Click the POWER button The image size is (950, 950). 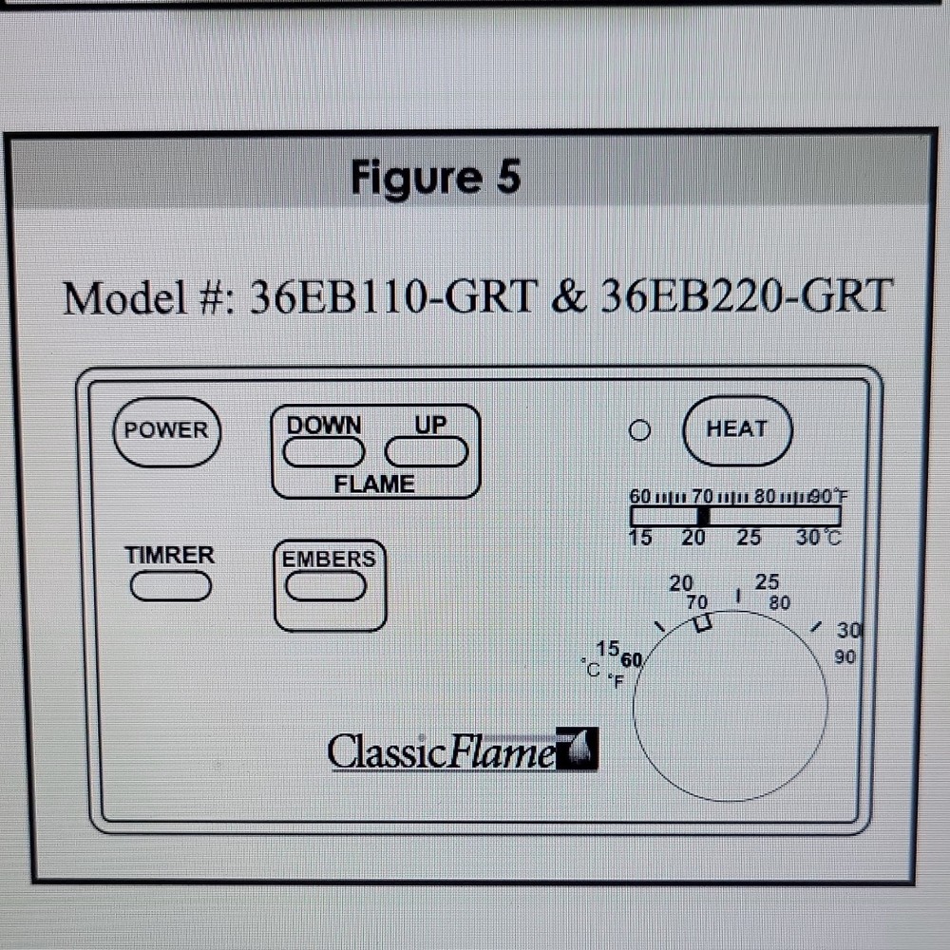click(167, 432)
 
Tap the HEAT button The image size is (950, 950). click(737, 430)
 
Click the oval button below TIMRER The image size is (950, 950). click(171, 586)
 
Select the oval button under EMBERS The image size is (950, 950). click(326, 586)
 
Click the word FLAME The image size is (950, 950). click(374, 484)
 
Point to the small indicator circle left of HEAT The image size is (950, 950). click(639, 430)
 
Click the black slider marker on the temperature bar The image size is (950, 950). click(703, 516)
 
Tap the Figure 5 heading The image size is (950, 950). click(436, 179)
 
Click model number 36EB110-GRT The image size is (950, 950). click(394, 296)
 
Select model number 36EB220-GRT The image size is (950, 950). click(747, 295)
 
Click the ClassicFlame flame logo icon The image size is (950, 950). click(577, 749)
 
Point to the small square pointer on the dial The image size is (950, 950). click(702, 623)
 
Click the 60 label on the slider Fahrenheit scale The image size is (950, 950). click(639, 496)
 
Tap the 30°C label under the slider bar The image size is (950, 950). click(819, 537)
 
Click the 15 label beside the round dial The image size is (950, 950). click(607, 649)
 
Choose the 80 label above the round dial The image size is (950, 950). click(779, 603)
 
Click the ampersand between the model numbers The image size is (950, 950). click(569, 296)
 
